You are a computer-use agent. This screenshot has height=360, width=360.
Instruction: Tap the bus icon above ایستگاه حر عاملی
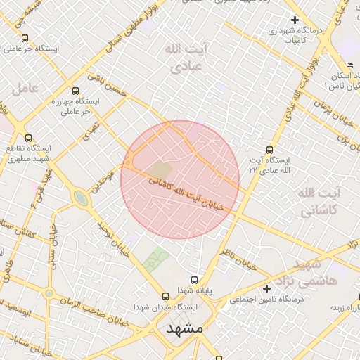coord(25,39)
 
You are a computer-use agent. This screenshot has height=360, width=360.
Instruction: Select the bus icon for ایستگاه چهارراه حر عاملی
coord(76,91)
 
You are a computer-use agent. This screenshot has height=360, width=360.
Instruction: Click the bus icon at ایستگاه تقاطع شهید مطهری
coord(28,138)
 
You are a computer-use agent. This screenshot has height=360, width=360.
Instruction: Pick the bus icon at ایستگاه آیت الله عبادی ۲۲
coord(270,149)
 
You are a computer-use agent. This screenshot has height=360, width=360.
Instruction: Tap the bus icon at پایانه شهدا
coord(195,278)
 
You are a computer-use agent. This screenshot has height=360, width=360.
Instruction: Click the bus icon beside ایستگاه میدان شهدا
coord(165,296)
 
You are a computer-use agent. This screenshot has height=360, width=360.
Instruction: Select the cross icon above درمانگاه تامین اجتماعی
coord(266,288)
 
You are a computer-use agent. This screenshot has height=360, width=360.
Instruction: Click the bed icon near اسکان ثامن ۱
coord(349,65)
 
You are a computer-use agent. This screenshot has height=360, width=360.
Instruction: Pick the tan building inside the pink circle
coord(160,169)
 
